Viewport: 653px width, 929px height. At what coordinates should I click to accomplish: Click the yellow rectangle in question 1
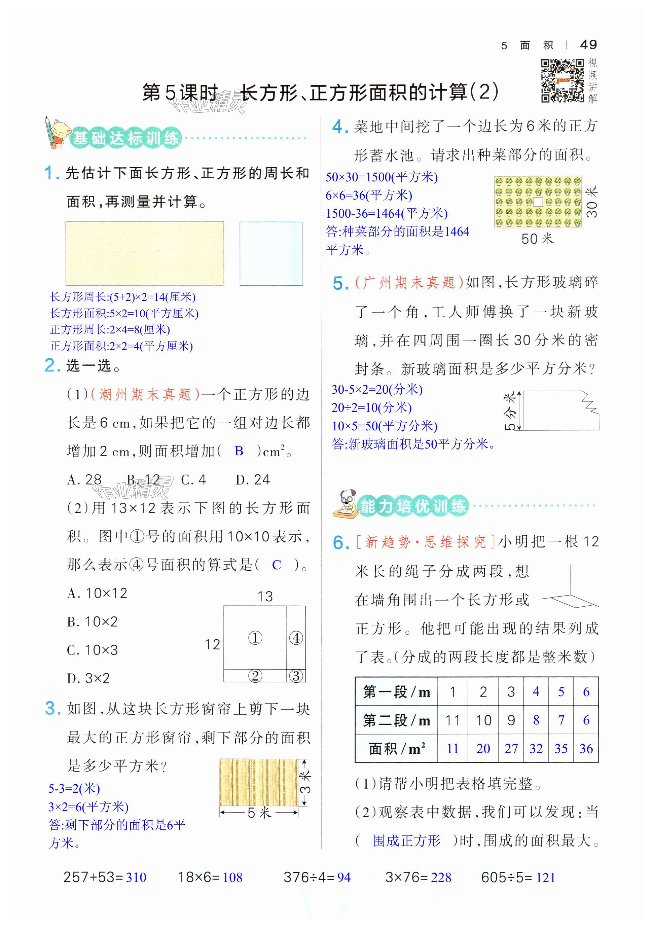point(144,253)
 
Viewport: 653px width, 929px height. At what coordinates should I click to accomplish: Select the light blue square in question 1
point(271,253)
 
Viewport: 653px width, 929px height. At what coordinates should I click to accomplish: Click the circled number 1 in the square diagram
point(255,638)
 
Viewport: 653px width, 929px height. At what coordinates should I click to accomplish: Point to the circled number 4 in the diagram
point(296,638)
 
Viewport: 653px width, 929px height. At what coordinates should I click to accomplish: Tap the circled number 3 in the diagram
point(296,676)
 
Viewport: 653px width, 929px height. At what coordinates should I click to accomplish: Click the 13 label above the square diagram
point(265,597)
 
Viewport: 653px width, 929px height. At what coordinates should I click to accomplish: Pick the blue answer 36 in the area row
point(586,749)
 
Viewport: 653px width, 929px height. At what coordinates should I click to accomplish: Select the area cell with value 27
point(511,749)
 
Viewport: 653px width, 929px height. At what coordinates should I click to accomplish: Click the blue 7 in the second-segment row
point(561,720)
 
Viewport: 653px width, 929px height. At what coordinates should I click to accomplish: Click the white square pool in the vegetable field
point(538,202)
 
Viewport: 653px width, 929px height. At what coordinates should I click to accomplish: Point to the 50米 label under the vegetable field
point(537,239)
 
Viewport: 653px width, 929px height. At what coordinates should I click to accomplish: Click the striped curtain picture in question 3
point(258,783)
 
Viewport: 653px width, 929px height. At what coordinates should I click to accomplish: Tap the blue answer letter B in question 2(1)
point(239,451)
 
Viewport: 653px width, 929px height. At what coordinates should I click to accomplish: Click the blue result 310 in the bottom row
point(136,877)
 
